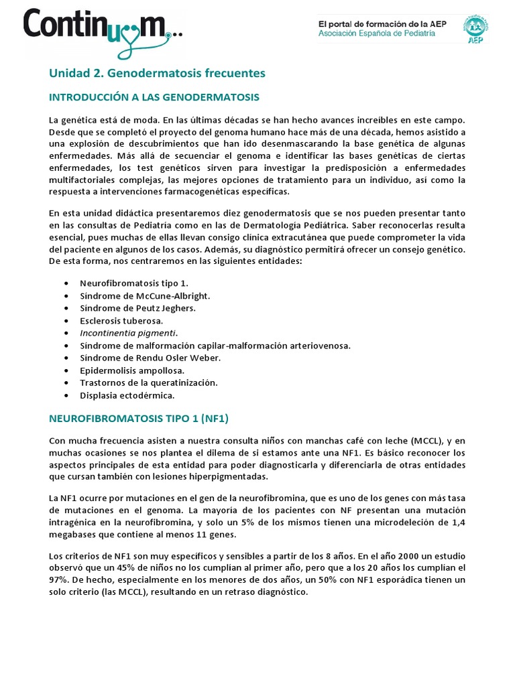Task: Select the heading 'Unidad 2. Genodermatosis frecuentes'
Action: tap(158, 72)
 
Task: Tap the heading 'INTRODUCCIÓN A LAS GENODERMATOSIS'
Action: tap(154, 97)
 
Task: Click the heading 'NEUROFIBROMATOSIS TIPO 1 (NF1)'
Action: tap(139, 419)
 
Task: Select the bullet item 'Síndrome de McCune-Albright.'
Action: tap(145, 295)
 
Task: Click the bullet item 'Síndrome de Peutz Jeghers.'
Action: tap(138, 307)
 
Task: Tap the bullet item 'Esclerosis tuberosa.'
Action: tap(121, 320)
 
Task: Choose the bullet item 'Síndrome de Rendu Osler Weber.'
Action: tap(150, 358)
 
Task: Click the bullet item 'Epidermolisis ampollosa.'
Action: tap(132, 370)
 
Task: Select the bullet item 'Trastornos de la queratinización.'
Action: tap(148, 383)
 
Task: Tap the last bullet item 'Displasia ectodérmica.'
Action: tap(127, 395)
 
